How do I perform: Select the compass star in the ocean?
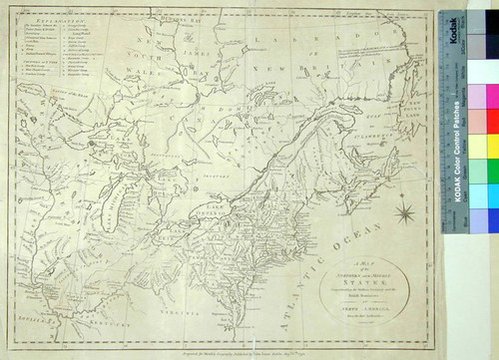pos(407,210)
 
